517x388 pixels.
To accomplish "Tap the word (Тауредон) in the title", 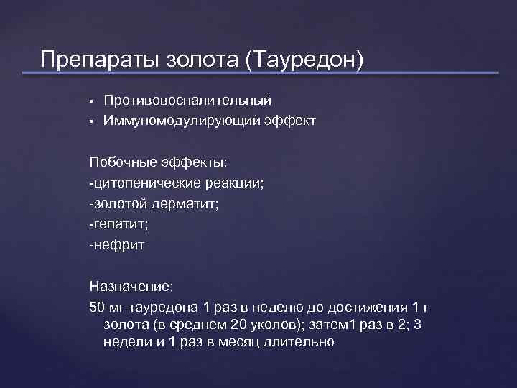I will pyautogui.click(x=304, y=59).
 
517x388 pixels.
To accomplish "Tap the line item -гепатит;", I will pyautogui.click(x=118, y=225).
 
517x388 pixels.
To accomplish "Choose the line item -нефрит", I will pyautogui.click(x=116, y=246).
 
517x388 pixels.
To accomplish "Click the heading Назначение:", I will pyautogui.click(x=131, y=287).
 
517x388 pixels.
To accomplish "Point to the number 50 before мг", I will pyautogui.click(x=97, y=308).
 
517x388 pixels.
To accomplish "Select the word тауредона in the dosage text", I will pyautogui.click(x=168, y=308).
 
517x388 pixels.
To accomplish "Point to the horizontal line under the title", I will pyautogui.click(x=269, y=73).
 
